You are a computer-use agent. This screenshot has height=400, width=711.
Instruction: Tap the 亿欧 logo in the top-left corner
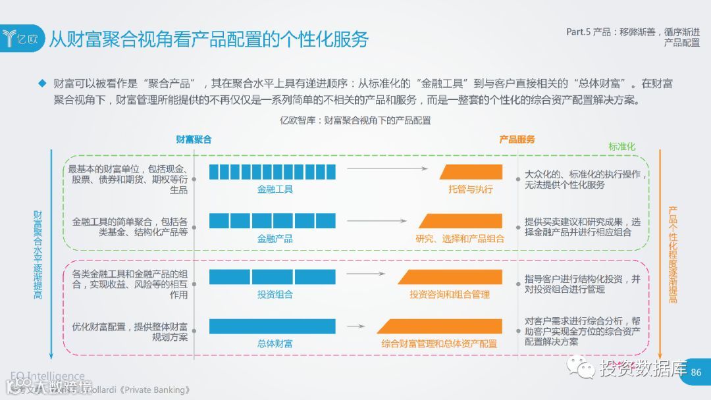(22, 38)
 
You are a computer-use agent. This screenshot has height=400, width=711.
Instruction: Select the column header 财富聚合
(194, 139)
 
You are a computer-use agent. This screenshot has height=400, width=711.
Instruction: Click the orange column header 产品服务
(517, 139)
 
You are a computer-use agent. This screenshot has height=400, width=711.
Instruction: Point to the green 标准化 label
(621, 147)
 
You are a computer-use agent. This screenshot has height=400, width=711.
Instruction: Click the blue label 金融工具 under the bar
(275, 189)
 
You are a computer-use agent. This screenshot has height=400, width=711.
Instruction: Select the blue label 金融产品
(275, 238)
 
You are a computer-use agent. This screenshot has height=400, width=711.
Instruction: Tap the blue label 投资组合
(275, 294)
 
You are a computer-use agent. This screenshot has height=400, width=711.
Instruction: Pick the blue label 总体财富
(275, 343)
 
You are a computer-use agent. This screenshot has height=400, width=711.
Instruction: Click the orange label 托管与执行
(471, 189)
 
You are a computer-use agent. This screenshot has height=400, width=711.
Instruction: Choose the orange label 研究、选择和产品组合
(460, 238)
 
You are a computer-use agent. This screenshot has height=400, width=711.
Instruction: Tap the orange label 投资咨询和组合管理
(450, 294)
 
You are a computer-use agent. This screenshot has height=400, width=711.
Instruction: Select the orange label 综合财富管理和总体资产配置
(439, 343)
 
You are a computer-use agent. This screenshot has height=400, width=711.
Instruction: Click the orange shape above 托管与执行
(471, 172)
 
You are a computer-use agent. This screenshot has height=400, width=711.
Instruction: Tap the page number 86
(697, 372)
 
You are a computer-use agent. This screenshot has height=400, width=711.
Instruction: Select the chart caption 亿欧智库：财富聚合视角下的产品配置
(355, 120)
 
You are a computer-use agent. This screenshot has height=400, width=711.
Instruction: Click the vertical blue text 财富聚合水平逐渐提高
(38, 254)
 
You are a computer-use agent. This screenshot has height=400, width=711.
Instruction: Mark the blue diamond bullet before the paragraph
(43, 84)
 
